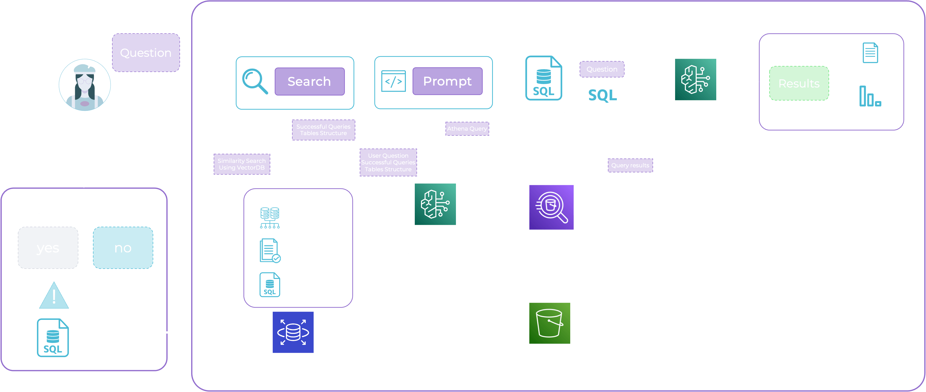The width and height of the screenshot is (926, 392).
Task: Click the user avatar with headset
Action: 85,85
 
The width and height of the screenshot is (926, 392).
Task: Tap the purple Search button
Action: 309,82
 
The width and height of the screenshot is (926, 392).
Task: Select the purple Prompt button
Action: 447,81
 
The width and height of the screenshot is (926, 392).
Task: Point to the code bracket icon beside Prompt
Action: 393,81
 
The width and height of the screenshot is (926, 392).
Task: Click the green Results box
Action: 799,84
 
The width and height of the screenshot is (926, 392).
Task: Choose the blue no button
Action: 123,248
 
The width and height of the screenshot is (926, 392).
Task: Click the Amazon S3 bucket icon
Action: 549,323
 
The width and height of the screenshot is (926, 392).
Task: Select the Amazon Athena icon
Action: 551,207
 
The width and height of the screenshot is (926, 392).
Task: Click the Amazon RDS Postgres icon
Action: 293,332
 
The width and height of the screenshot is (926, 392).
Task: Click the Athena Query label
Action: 467,129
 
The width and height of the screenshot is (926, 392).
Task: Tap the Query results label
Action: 630,165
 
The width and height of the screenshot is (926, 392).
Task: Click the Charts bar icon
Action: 869,96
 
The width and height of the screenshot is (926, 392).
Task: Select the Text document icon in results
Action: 870,53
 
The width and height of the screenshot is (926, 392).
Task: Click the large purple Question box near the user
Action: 146,53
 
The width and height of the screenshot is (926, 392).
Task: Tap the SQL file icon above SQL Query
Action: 543,78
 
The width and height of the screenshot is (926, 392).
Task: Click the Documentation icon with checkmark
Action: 269,251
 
